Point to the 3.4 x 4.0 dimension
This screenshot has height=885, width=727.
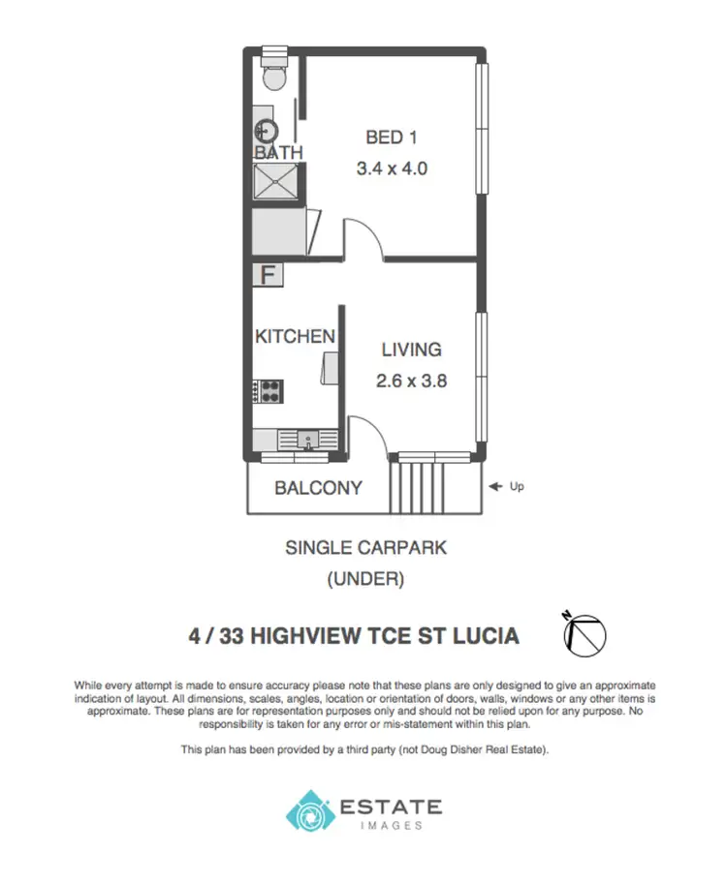(x=393, y=168)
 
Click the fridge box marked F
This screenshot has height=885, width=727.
(x=269, y=274)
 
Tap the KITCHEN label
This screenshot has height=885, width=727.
(x=295, y=337)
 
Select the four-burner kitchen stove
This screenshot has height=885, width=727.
(x=268, y=391)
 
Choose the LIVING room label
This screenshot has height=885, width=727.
(x=411, y=350)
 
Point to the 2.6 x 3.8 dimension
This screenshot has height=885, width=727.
(x=411, y=381)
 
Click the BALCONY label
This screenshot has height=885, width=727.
(x=318, y=488)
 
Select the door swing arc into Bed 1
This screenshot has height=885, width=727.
(x=363, y=238)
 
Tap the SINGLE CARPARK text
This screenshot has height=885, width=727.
(x=365, y=548)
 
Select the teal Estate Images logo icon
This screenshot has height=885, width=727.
(x=307, y=810)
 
